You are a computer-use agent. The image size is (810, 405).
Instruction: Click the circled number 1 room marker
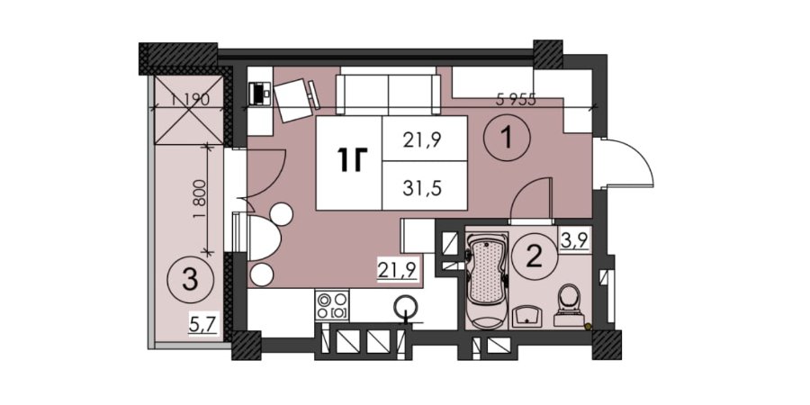tap(507, 138)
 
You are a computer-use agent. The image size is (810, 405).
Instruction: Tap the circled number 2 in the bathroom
tap(534, 256)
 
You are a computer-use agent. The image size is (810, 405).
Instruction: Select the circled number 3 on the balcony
tap(191, 281)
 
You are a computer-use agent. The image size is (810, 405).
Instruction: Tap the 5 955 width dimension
tap(515, 100)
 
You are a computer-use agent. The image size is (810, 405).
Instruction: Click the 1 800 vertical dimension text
tap(200, 199)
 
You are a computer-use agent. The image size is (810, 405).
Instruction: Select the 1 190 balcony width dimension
tap(189, 100)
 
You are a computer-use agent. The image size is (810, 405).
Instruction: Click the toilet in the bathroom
tap(570, 305)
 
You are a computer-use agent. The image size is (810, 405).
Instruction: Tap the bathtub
tap(486, 282)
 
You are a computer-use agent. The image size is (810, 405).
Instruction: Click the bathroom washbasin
tap(526, 316)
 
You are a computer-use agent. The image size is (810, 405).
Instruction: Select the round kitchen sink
tap(408, 306)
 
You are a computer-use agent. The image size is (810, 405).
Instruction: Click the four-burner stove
tap(332, 305)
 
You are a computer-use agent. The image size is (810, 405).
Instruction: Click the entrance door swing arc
tap(637, 155)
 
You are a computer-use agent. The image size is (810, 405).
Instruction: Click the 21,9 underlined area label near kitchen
tap(397, 270)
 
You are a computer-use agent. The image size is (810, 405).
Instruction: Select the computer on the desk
tap(258, 94)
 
